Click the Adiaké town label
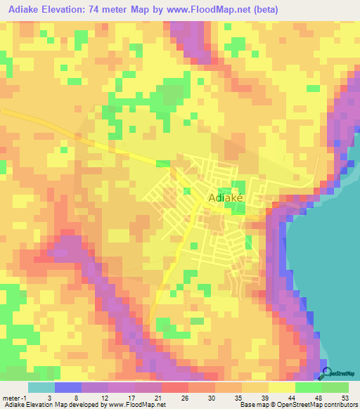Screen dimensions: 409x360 [x=226, y=199]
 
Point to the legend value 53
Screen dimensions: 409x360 [x=344, y=397]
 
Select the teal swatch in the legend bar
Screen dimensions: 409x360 [x=41, y=387]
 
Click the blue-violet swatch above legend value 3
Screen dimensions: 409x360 [x=67, y=387]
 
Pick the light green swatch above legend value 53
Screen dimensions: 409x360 [x=335, y=387]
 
